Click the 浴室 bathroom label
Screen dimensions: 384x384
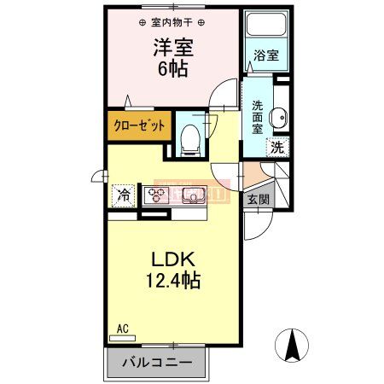pos(266,56)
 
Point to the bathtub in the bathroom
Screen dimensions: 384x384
pos(266,28)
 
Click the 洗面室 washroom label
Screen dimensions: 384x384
pos(258,119)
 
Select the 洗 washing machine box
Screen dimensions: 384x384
pos(277,147)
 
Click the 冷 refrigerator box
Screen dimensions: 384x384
pos(124,195)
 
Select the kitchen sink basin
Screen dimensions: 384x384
pos(193,195)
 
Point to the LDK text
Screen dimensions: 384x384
pos(174,259)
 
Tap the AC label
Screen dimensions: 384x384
pos(122,328)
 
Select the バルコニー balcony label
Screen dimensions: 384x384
pos(157,363)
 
